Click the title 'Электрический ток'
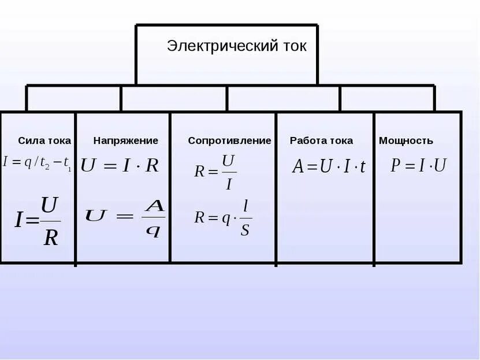[237, 46]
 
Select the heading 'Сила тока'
[44, 140]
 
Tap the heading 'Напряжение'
[126, 140]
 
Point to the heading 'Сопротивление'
[229, 140]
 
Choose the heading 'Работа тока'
[321, 140]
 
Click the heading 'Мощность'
[406, 140]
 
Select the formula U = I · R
[120, 166]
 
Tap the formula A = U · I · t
[329, 167]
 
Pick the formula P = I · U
[418, 166]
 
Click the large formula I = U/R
[38, 221]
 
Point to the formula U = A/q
[125, 218]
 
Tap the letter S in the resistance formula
[245, 230]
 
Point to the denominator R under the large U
[51, 237]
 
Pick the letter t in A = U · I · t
[362, 168]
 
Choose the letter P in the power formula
[396, 166]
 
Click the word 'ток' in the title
[292, 46]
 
